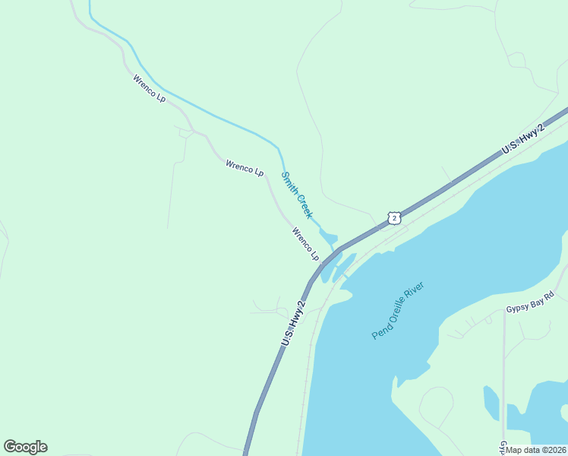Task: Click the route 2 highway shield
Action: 393,218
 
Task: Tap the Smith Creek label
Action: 296,195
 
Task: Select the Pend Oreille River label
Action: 397,310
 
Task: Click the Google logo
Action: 25,447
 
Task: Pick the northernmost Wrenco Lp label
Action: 149,88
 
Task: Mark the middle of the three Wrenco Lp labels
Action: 245,168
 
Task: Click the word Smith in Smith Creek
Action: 289,182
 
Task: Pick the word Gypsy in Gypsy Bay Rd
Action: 519,309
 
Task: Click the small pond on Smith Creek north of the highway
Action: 328,238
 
